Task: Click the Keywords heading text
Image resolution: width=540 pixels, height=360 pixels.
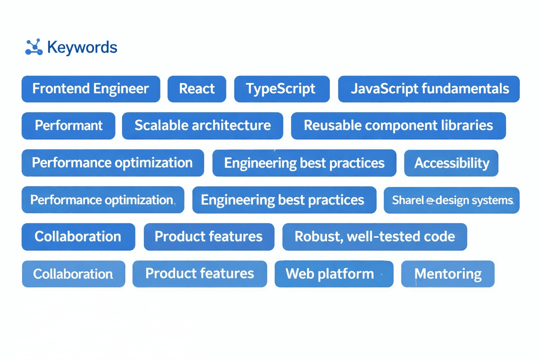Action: (x=82, y=47)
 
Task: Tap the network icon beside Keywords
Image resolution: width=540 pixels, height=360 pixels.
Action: (x=33, y=47)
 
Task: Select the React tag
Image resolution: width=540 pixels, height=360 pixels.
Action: (x=196, y=89)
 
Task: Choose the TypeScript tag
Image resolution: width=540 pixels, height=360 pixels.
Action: (x=281, y=89)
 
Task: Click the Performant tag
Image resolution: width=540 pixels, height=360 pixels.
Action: (x=68, y=125)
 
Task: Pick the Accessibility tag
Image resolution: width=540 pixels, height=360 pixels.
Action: (x=451, y=163)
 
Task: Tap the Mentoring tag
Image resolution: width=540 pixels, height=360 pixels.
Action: (x=447, y=274)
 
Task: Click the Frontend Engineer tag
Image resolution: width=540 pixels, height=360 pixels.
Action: (x=90, y=89)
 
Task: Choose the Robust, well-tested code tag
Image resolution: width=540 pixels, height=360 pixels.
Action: (x=374, y=236)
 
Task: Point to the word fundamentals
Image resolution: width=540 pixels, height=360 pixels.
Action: (x=465, y=89)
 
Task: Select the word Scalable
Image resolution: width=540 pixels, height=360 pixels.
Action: (x=160, y=125)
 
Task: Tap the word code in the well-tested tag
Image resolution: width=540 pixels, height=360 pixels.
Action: (x=441, y=236)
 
